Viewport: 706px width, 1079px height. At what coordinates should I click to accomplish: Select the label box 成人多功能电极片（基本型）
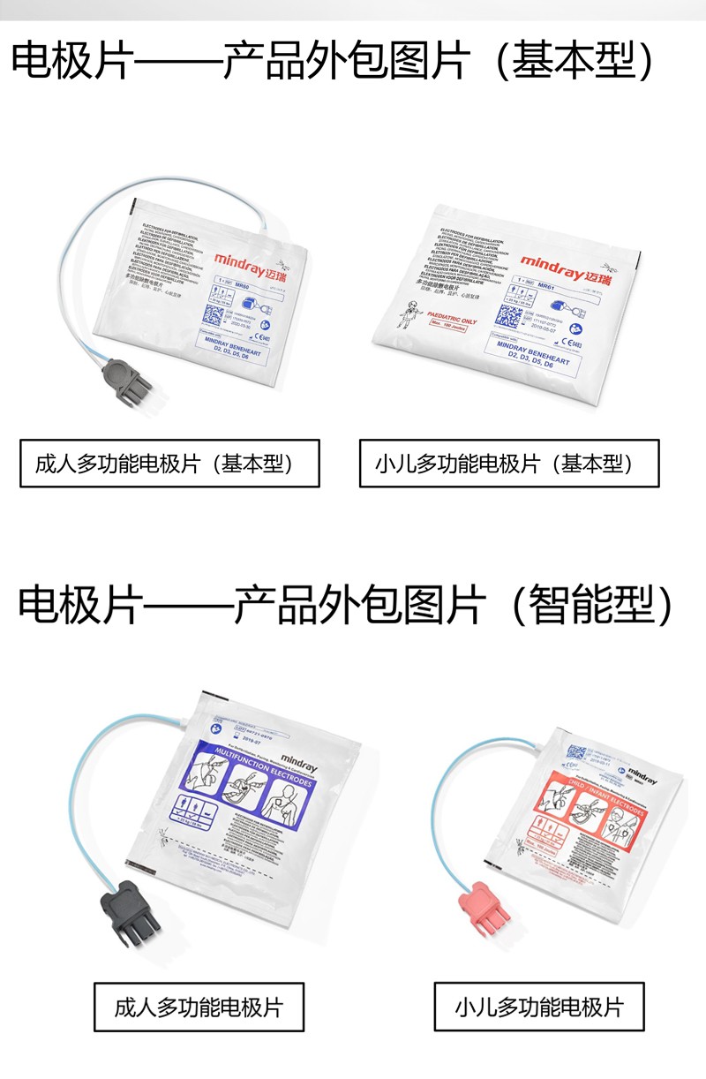point(169,463)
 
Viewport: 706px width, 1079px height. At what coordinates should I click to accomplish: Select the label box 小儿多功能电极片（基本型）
point(508,463)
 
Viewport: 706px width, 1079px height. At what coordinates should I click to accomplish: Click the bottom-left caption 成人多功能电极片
point(199,1007)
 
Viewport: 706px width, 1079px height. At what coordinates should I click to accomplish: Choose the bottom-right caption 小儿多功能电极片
point(538,1007)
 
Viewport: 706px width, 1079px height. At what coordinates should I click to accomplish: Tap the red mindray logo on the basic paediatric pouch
point(565,264)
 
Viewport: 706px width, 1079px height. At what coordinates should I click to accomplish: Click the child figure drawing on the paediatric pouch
point(408,313)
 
